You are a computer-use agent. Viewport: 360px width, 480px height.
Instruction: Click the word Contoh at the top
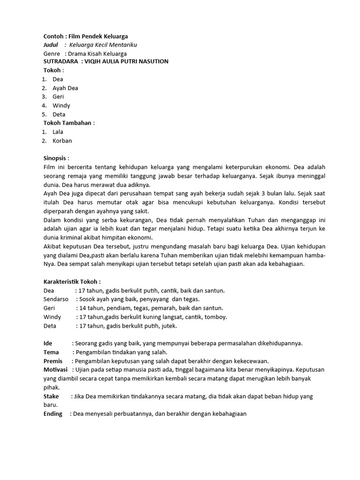coord(53,36)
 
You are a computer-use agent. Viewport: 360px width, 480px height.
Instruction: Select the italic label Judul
coord(51,45)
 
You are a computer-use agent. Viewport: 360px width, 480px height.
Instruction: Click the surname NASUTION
coord(152,62)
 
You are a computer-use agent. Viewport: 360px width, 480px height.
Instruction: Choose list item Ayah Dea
coord(65,88)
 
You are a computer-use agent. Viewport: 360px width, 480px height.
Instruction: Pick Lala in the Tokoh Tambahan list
coord(58,132)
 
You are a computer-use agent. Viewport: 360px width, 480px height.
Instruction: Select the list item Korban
coord(62,141)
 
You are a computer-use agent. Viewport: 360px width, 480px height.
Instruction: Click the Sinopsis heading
coord(56,158)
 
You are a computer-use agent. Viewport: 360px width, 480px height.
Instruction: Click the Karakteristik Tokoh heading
coord(72,282)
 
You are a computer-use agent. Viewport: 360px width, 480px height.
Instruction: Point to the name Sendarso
coord(56,300)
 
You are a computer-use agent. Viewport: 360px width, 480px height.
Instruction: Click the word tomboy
coord(215,317)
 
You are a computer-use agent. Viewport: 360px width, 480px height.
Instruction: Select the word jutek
coord(169,326)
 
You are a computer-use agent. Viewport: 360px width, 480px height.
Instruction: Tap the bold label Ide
coord(48,344)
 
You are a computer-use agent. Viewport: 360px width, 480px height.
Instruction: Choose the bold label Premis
coord(52,361)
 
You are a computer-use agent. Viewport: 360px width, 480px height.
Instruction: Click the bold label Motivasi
coord(56,370)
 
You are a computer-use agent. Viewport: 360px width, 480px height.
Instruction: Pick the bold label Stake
coord(51,397)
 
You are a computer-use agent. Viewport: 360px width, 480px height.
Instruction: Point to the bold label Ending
coord(53,414)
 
